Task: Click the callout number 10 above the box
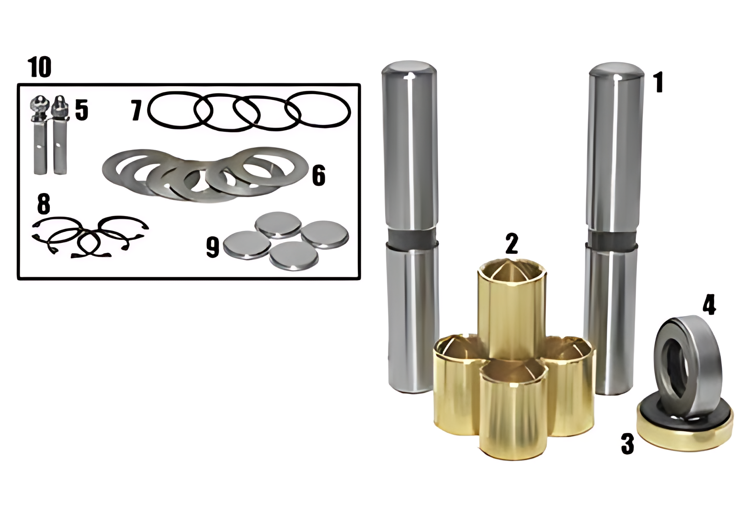[x=40, y=67]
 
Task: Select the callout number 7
[x=137, y=111]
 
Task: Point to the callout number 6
[x=319, y=176]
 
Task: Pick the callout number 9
[x=213, y=247]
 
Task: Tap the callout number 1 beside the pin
[x=659, y=83]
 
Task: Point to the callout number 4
[x=709, y=305]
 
